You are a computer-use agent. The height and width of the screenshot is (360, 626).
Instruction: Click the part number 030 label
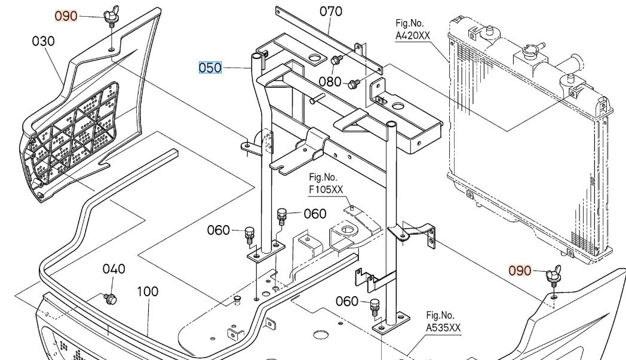point(44,41)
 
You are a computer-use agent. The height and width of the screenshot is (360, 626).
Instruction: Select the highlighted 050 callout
point(210,67)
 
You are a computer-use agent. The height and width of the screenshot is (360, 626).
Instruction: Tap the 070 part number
point(331,11)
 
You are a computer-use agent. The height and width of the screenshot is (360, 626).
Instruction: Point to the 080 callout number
point(330,81)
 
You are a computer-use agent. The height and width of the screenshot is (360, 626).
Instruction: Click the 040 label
point(113,269)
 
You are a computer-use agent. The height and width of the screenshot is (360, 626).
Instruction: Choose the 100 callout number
point(148,291)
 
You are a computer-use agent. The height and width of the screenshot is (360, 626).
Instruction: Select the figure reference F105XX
point(326,190)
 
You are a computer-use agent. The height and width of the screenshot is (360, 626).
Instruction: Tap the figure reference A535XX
point(443,328)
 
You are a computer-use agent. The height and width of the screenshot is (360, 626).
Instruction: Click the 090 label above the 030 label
point(66,16)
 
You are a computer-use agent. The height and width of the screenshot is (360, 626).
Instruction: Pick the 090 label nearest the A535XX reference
point(520,270)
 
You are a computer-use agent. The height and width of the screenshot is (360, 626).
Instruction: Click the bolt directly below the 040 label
point(109,297)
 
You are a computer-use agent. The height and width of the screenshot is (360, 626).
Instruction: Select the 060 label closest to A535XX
point(347,301)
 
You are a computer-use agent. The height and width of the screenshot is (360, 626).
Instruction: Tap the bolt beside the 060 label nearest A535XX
point(375,306)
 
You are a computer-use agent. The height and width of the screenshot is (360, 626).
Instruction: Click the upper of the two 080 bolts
point(336,60)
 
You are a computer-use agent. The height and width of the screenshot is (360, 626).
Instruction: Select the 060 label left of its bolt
point(219,230)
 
